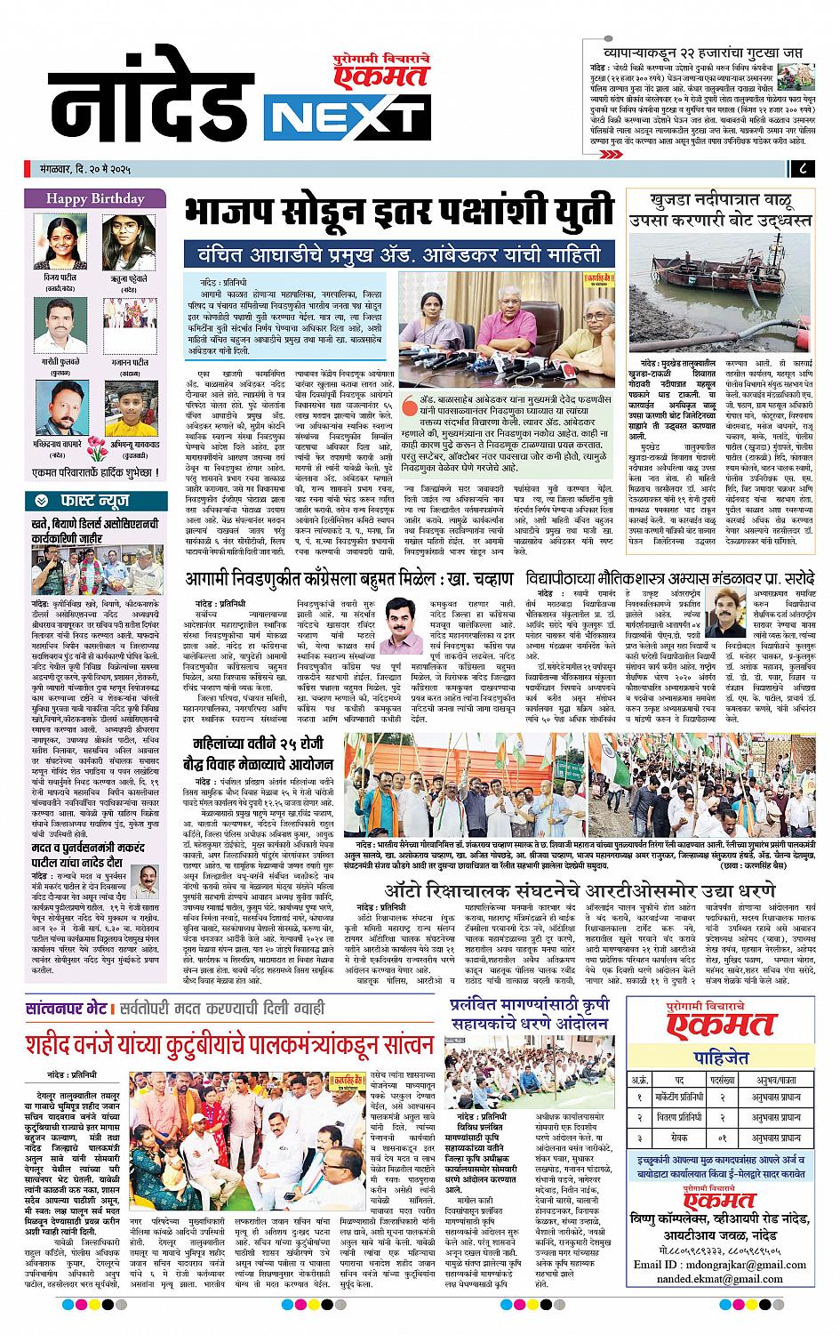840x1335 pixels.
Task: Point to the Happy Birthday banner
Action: click(95, 198)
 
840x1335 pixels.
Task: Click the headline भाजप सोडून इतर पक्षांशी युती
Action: click(399, 213)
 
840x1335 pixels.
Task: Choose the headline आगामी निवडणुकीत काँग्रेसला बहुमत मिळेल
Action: click(336, 579)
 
